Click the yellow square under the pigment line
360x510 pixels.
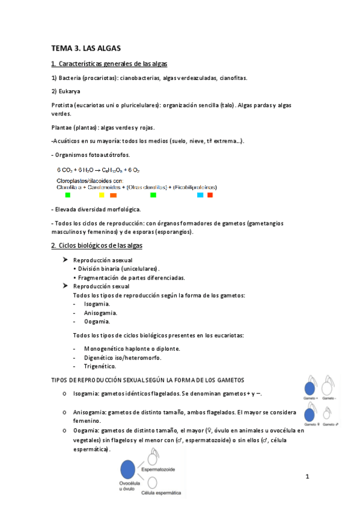(102, 195)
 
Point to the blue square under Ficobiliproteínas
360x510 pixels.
(200, 195)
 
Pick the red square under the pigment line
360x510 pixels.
(210, 195)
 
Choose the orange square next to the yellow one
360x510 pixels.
(113, 195)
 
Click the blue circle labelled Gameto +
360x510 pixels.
(310, 389)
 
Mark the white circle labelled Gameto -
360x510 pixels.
(328, 389)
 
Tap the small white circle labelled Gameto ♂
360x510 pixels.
(328, 414)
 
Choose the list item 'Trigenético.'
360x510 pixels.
(100, 366)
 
